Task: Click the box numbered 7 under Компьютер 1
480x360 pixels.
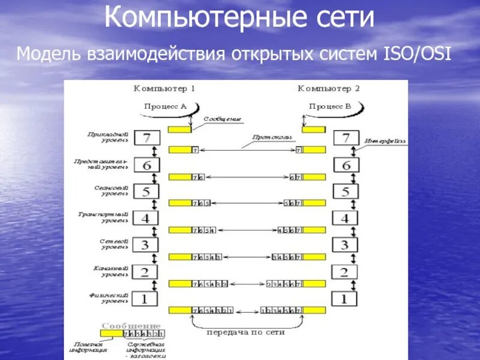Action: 145,138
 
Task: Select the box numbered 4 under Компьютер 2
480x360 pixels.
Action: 344,218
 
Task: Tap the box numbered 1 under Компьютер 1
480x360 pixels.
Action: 145,298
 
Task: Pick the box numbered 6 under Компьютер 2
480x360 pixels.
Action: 344,165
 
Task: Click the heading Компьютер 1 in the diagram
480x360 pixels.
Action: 164,89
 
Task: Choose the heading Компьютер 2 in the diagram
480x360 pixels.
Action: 329,89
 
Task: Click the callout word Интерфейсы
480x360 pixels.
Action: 385,142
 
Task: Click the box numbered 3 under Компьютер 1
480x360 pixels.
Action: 145,245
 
